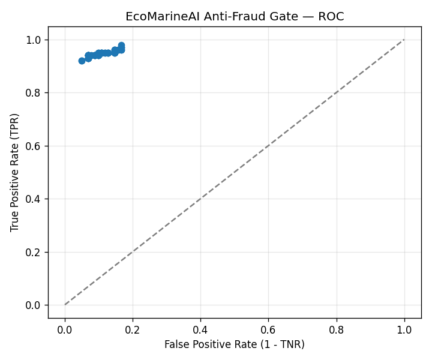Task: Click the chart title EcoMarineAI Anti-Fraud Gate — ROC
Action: point(235,17)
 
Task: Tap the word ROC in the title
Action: point(331,17)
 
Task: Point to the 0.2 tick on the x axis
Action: point(133,330)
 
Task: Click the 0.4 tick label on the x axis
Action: point(200,330)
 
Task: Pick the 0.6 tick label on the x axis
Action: point(268,330)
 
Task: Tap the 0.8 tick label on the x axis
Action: point(337,330)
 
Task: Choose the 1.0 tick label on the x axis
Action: point(404,330)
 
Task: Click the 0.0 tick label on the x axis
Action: point(65,330)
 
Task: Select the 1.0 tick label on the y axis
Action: point(33,40)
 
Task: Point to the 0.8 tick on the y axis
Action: point(33,93)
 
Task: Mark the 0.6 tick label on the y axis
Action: point(33,146)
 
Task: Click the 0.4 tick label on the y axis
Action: point(33,199)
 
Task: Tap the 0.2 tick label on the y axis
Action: point(33,252)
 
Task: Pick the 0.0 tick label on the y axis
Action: point(33,305)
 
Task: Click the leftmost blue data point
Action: point(82,61)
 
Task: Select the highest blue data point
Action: point(121,45)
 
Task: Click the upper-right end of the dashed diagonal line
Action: point(404,40)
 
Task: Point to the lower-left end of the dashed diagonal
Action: point(65,305)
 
